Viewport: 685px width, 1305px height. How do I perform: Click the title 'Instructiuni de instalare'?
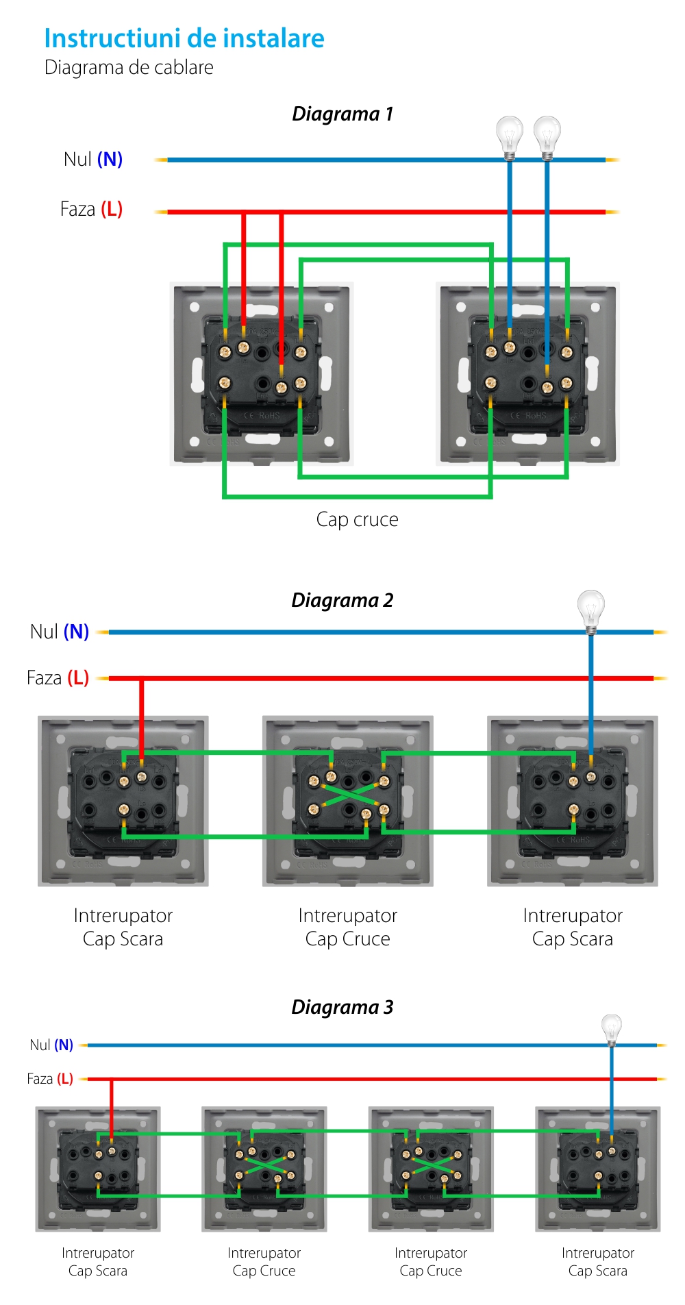pyautogui.click(x=184, y=39)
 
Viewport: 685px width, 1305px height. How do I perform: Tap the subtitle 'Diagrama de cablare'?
pyautogui.click(x=129, y=68)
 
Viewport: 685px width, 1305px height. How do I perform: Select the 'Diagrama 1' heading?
pyautogui.click(x=342, y=114)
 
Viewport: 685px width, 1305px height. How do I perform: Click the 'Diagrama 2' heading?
pyautogui.click(x=342, y=601)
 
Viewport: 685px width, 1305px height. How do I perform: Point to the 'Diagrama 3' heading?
pyautogui.click(x=342, y=1007)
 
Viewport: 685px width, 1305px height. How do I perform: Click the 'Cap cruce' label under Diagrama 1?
pyautogui.click(x=357, y=520)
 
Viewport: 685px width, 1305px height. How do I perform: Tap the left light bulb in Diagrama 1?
pyautogui.click(x=509, y=134)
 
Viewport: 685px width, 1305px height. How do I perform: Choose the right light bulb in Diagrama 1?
pyautogui.click(x=547, y=134)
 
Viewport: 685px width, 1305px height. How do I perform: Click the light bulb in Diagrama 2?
pyautogui.click(x=590, y=608)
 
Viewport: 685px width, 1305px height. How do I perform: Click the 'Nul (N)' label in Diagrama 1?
pyautogui.click(x=92, y=160)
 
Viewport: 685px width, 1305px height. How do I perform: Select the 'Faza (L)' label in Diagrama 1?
pyautogui.click(x=91, y=209)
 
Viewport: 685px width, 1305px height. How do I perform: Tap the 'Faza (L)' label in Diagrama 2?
pyautogui.click(x=58, y=678)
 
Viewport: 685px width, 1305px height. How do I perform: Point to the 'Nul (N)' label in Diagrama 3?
pyautogui.click(x=51, y=1045)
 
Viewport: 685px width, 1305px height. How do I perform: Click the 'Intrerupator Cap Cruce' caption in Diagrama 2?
pyautogui.click(x=347, y=927)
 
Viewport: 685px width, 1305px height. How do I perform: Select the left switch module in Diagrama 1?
pyautogui.click(x=262, y=374)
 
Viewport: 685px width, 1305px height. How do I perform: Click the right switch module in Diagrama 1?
pyautogui.click(x=528, y=374)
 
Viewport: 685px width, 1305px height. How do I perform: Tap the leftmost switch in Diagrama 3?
pyautogui.click(x=98, y=1169)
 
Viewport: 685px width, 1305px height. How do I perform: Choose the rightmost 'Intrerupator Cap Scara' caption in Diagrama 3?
pyautogui.click(x=597, y=1262)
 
